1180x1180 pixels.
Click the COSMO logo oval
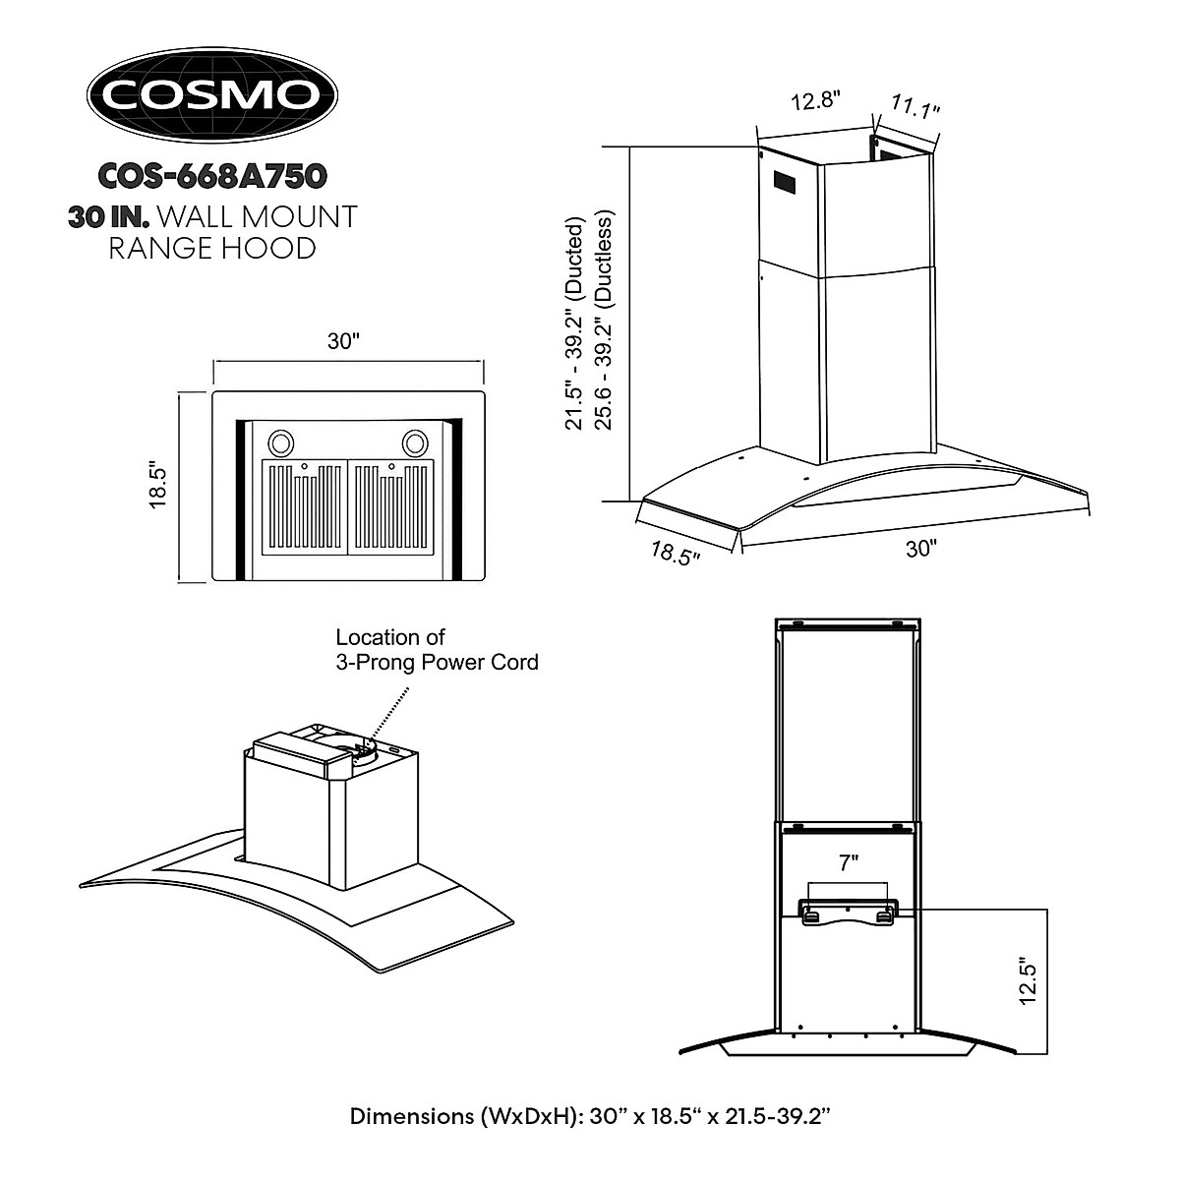[212, 94]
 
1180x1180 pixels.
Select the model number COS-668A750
[212, 176]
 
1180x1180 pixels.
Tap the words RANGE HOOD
[212, 247]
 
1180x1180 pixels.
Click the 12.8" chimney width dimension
[815, 100]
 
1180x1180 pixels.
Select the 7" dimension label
[849, 863]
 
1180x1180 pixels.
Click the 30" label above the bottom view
[344, 342]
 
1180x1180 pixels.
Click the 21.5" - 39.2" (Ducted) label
[574, 324]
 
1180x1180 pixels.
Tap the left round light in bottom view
[279, 442]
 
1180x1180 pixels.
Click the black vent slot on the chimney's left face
[784, 183]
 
